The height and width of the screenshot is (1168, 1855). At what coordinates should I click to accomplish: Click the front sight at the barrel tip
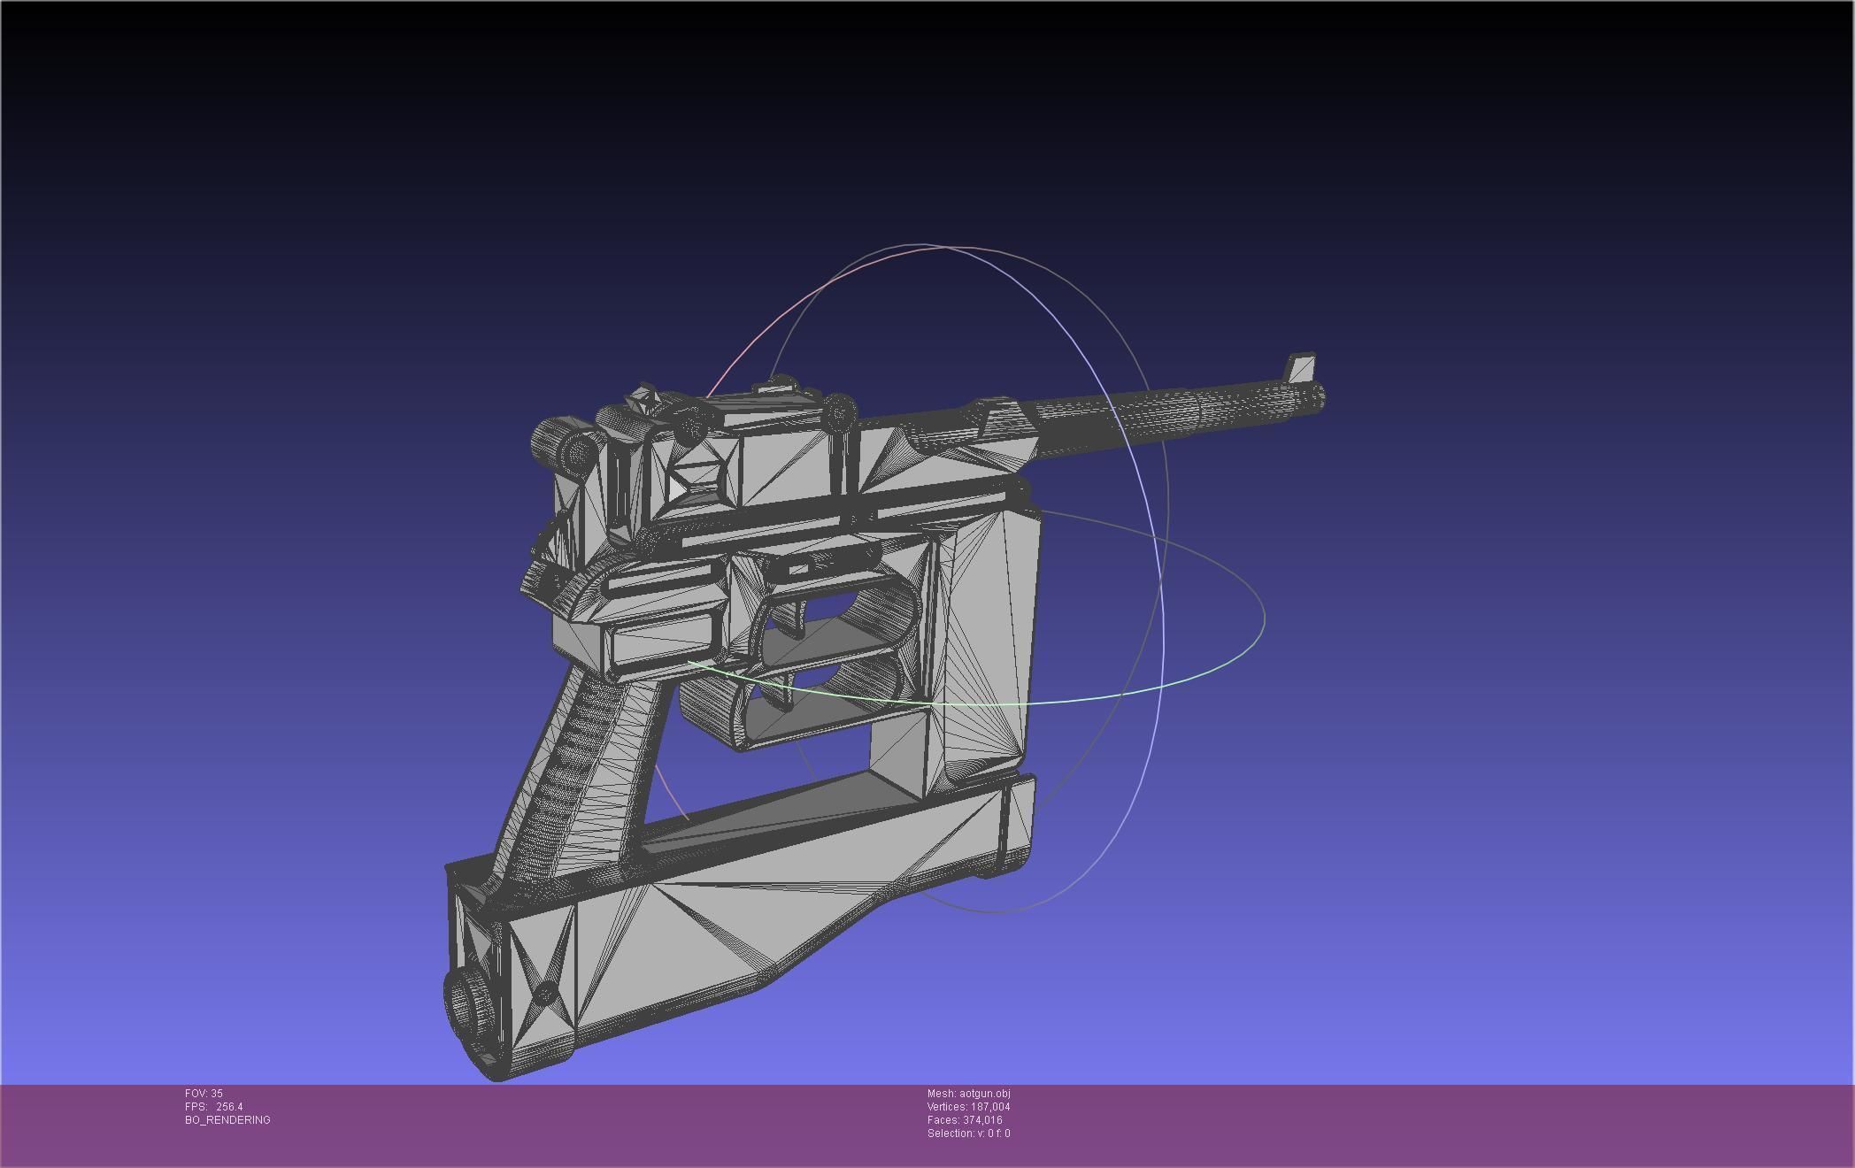click(x=1302, y=367)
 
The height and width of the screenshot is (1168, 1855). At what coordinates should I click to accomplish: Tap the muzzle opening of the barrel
click(x=1318, y=397)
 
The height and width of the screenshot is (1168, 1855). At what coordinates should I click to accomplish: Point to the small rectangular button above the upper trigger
click(x=797, y=570)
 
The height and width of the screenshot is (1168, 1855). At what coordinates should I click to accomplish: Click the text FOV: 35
click(x=204, y=1094)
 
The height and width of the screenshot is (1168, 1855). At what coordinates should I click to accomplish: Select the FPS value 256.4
click(x=228, y=1107)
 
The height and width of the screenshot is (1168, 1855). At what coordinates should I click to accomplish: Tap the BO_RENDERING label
click(x=227, y=1120)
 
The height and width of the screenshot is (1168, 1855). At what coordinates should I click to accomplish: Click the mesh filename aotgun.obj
click(x=984, y=1094)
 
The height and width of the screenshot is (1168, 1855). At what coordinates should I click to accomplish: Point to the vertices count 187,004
click(x=989, y=1107)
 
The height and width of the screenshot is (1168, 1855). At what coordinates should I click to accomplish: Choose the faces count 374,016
click(x=982, y=1120)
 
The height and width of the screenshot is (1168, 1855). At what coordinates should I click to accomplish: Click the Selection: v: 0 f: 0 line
click(x=968, y=1133)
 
